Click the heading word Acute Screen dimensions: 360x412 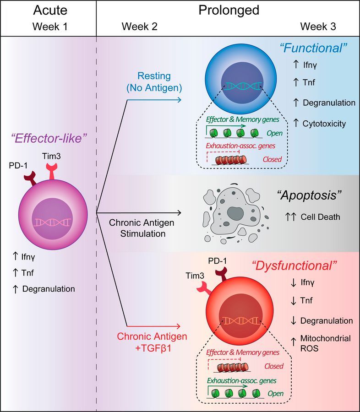(x=50, y=10)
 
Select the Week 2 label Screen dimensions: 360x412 (x=140, y=27)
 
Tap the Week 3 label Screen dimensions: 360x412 (x=318, y=27)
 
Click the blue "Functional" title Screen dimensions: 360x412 (x=313, y=48)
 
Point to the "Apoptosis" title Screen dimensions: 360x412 (x=310, y=195)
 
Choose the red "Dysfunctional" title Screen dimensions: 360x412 (x=295, y=266)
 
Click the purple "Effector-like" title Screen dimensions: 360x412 (x=49, y=138)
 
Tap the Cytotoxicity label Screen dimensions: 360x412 (x=324, y=124)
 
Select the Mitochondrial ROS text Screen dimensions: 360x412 (x=326, y=343)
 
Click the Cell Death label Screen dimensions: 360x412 (x=320, y=217)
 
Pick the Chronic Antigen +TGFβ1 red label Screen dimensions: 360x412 (x=152, y=342)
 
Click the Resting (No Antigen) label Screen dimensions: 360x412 (x=154, y=82)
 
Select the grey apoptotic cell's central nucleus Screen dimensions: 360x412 (x=235, y=212)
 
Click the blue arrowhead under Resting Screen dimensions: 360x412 (x=179, y=100)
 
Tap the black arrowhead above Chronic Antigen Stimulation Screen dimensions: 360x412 (x=179, y=212)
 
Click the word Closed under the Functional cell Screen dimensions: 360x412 (x=272, y=159)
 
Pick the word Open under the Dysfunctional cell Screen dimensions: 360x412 (x=276, y=393)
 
